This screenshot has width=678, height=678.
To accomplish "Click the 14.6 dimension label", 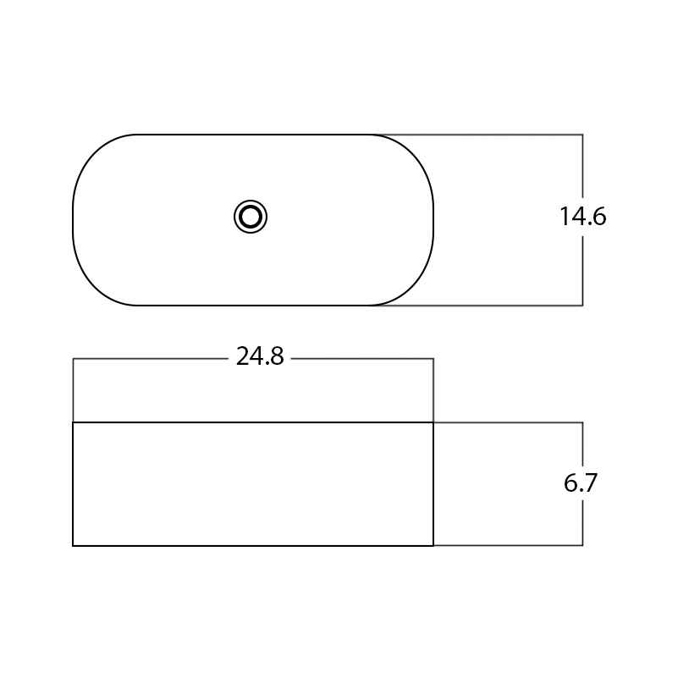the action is click(x=583, y=216).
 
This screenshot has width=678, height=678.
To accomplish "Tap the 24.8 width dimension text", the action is click(x=260, y=356).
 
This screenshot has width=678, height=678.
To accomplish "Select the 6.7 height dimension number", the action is click(x=581, y=482).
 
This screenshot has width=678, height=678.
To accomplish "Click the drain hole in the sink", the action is click(x=251, y=217).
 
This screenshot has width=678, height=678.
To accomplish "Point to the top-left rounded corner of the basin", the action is click(x=91, y=153).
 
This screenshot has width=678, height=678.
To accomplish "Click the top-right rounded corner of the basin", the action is click(x=414, y=153).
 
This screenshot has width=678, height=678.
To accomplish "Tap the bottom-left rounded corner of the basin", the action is click(x=91, y=287).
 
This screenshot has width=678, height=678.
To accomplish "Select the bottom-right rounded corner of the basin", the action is click(x=414, y=287).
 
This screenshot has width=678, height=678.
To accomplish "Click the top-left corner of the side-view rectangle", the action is click(x=73, y=422).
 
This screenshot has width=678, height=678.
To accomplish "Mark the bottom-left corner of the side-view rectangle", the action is click(x=73, y=546).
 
